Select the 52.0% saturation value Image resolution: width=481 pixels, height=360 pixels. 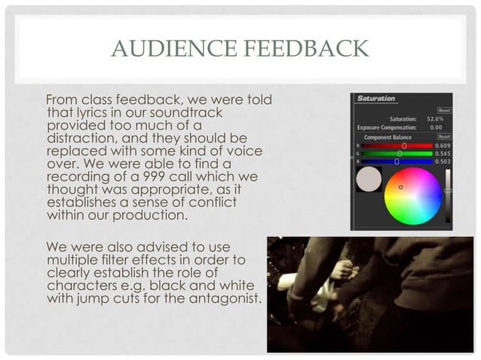[435, 119]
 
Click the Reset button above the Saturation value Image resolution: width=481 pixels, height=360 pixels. [444, 110]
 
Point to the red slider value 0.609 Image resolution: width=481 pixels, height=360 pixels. [443, 145]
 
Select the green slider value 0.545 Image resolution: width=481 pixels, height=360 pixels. [443, 153]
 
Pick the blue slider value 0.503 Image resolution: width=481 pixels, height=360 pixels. [443, 160]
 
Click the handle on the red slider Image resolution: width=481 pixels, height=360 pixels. [404, 145]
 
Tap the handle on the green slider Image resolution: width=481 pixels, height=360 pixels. [400, 153]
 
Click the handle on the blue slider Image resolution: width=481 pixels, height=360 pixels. [397, 160]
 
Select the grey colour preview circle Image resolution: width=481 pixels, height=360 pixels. [368, 179]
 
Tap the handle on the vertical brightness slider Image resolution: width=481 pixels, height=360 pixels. [448, 191]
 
